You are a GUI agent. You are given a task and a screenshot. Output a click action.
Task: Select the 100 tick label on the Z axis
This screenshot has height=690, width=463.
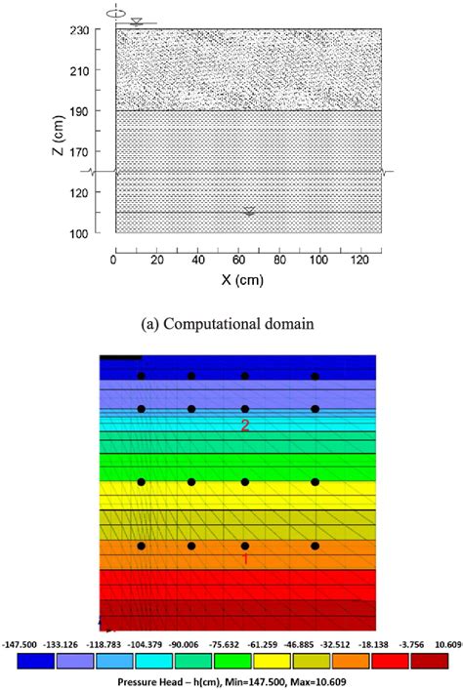tap(96, 233)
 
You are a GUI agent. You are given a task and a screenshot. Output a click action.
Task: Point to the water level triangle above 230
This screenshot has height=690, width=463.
tap(138, 21)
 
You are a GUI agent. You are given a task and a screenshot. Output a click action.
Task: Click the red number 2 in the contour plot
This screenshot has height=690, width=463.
tap(245, 426)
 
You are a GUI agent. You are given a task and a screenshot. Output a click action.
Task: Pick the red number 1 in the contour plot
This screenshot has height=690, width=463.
tap(245, 559)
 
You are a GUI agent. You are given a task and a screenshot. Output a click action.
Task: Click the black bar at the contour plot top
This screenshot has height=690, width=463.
tap(121, 357)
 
